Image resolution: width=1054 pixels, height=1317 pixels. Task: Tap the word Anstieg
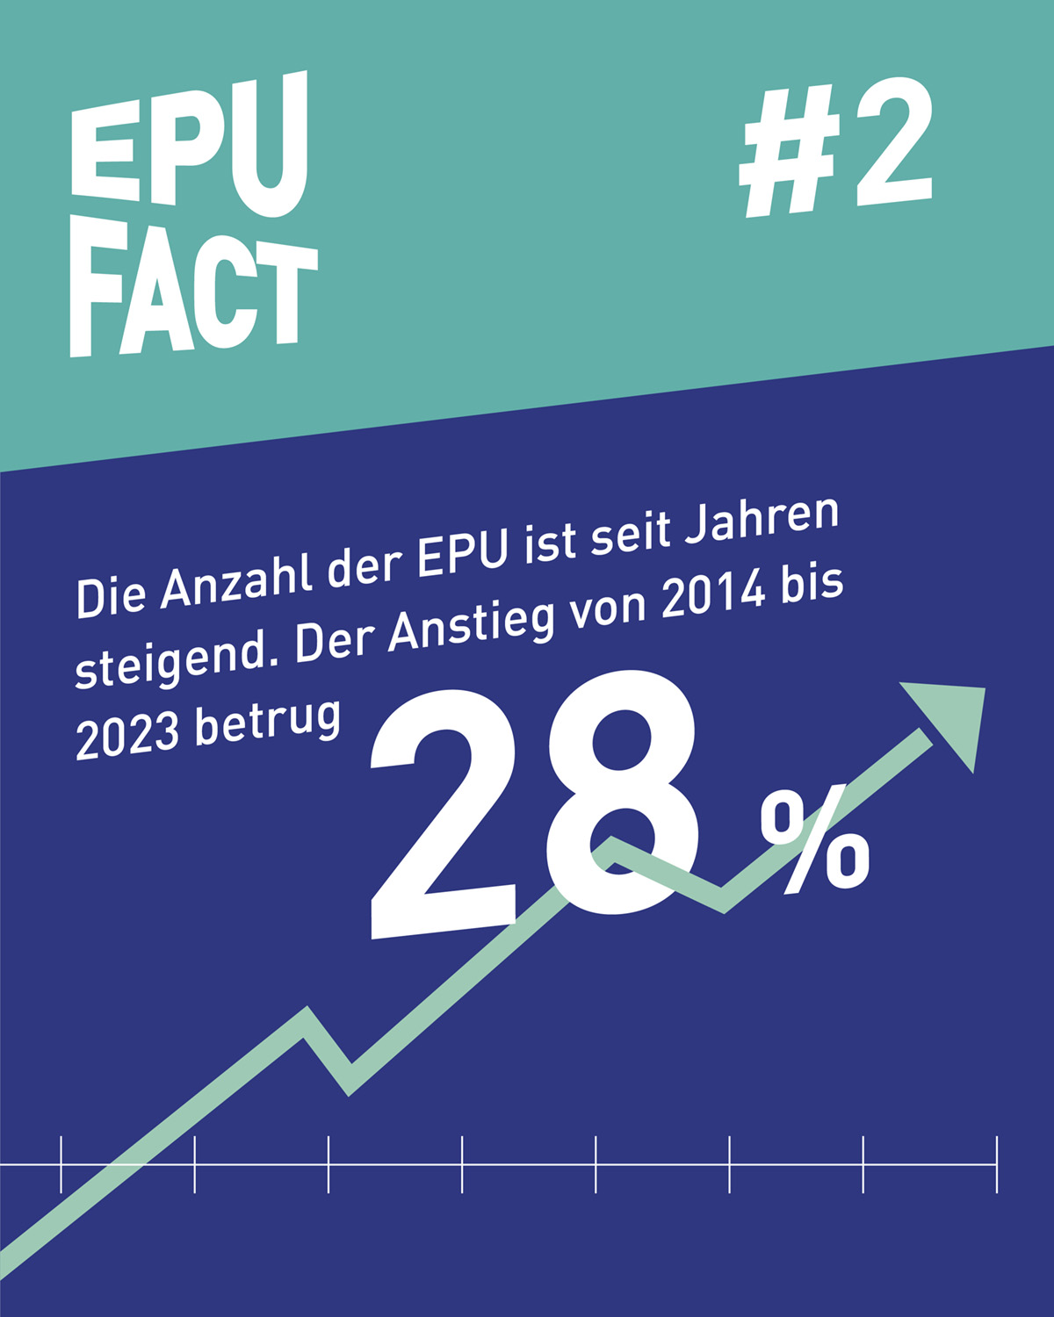470,624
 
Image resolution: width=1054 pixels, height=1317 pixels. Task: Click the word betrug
267,722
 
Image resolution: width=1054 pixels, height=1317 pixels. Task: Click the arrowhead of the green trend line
953,716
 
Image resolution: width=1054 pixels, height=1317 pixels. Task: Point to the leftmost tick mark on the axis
61,1164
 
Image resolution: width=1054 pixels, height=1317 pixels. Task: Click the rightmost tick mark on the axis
997,1164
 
